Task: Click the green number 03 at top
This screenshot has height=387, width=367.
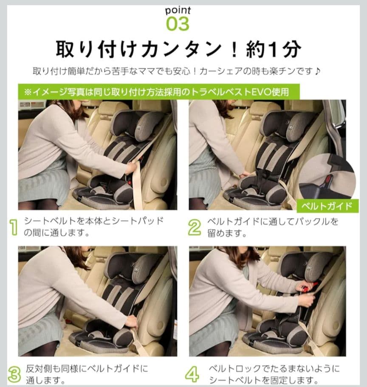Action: coord(178,25)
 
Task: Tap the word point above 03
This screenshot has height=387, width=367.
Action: coord(178,11)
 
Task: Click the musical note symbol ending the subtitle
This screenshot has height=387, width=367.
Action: coord(318,71)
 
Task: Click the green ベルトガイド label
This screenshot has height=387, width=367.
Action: coord(327,206)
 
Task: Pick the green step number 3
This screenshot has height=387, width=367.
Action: coord(14,374)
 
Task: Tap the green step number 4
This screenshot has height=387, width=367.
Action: coord(192,374)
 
